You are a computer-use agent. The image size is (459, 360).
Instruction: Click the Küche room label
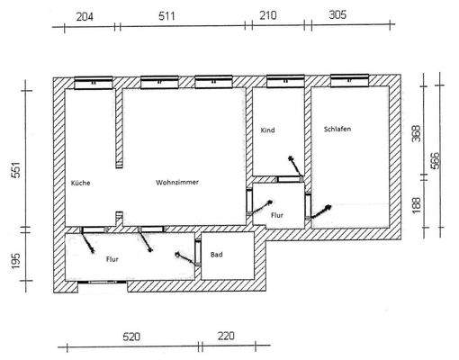[80, 183]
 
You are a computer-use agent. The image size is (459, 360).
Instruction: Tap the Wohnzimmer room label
[176, 183]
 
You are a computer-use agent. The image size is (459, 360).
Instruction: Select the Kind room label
[267, 131]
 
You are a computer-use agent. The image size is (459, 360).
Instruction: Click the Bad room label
[216, 256]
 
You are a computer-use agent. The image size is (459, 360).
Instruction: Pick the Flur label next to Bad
[112, 258]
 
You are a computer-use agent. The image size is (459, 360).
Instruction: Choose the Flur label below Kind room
[277, 216]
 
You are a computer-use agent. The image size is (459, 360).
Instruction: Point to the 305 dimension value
[335, 16]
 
